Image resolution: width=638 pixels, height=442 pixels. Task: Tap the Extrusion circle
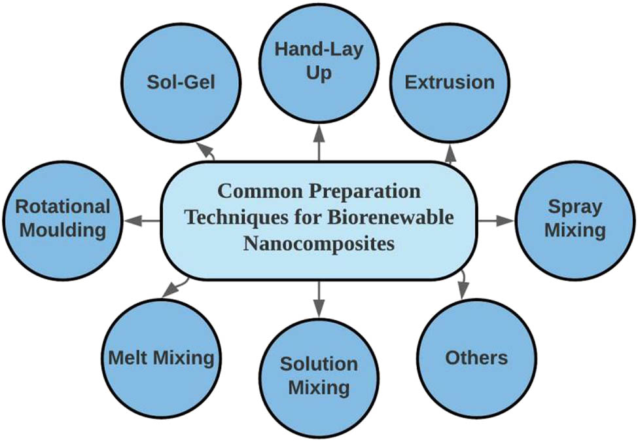click(x=449, y=83)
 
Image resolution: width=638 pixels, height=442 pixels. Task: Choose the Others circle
click(x=476, y=358)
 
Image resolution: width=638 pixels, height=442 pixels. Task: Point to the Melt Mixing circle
click(x=161, y=358)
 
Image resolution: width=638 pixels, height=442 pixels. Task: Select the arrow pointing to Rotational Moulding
click(x=143, y=221)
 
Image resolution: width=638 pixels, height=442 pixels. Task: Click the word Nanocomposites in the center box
click(x=319, y=244)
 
